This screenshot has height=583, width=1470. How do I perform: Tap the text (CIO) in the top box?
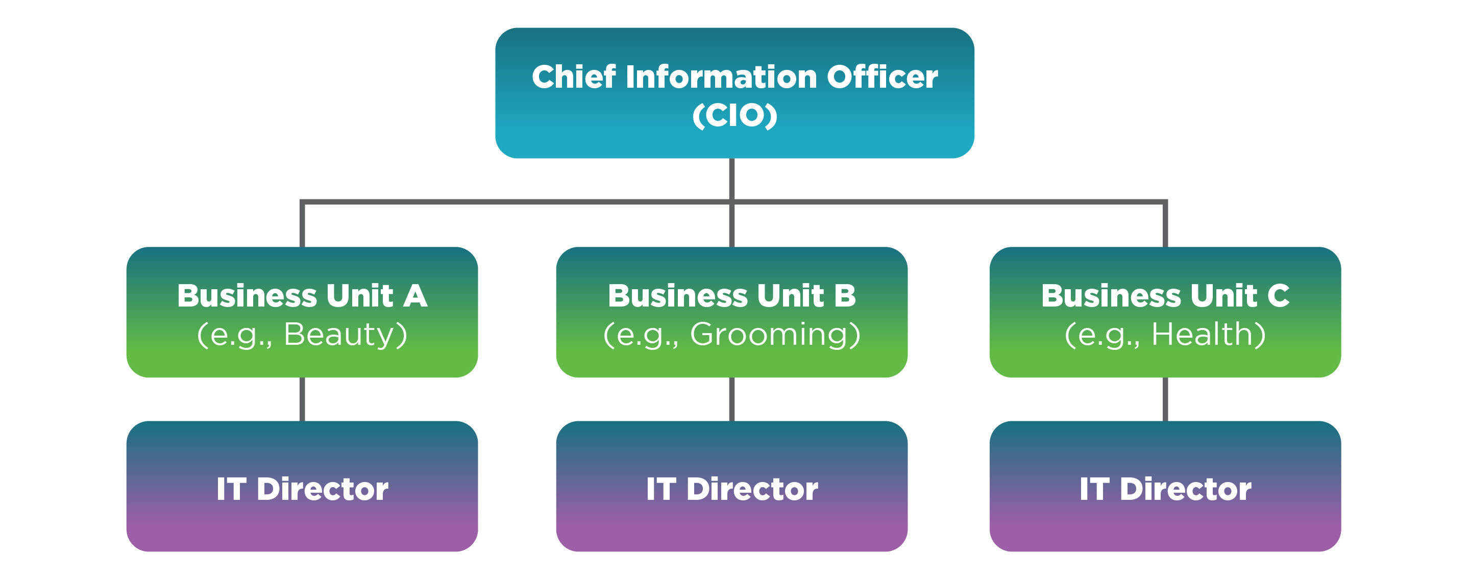734,116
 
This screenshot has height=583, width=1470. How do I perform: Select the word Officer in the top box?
881,77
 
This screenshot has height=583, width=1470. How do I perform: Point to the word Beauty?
339,334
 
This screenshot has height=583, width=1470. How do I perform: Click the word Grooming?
769,334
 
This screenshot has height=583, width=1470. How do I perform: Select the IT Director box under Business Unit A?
302,486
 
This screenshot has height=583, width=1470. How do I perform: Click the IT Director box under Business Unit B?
731,486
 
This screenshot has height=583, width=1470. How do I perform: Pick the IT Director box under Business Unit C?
1165,486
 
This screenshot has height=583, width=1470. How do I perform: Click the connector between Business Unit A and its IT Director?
302,399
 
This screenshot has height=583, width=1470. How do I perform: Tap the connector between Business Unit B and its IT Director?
731,399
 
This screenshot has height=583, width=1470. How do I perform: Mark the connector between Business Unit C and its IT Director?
1165,399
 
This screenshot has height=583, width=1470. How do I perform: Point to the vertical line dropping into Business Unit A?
302,225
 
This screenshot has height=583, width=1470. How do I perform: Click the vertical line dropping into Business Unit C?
1165,225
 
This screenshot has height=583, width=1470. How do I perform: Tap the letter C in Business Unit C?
1278,296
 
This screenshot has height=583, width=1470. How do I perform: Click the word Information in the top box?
721,77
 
